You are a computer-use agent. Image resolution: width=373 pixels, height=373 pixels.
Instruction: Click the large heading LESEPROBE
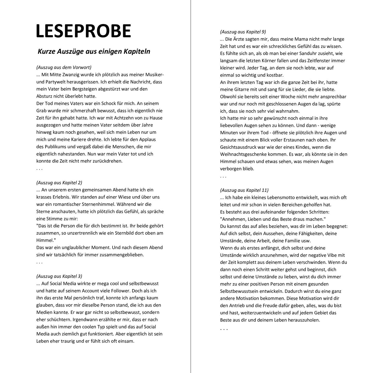coord(83,31)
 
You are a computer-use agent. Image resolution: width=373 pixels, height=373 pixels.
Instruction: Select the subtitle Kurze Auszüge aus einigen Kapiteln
coord(94,51)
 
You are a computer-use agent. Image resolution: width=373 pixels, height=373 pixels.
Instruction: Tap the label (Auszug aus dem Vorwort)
coord(64,67)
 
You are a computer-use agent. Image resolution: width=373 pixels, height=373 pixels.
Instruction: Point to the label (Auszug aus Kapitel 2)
coord(59,182)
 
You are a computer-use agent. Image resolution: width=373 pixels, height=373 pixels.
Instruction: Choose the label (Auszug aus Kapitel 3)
coord(59,276)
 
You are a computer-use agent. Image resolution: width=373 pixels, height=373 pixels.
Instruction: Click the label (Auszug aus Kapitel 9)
coord(243,32)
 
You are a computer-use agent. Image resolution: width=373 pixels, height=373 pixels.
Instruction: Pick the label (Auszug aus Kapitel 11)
coord(244,190)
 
